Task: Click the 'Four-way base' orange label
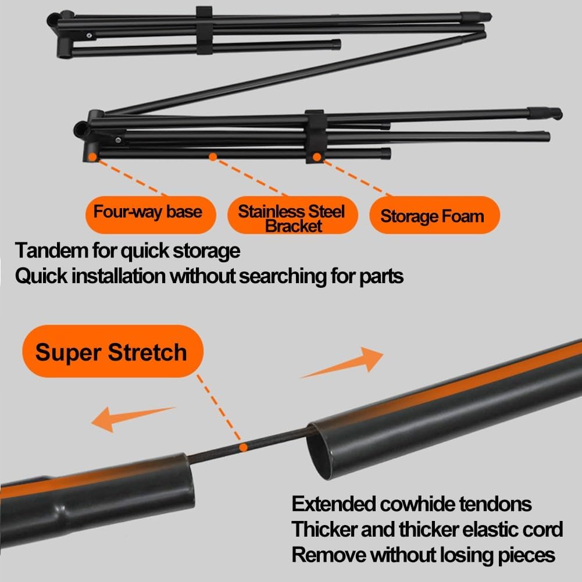point(148,211)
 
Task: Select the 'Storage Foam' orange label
point(432,216)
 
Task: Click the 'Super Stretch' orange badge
point(111,352)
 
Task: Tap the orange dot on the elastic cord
point(244,447)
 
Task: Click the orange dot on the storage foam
point(317,156)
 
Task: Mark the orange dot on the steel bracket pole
point(213,156)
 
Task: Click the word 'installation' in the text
point(118,276)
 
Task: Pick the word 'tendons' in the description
point(498,504)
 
